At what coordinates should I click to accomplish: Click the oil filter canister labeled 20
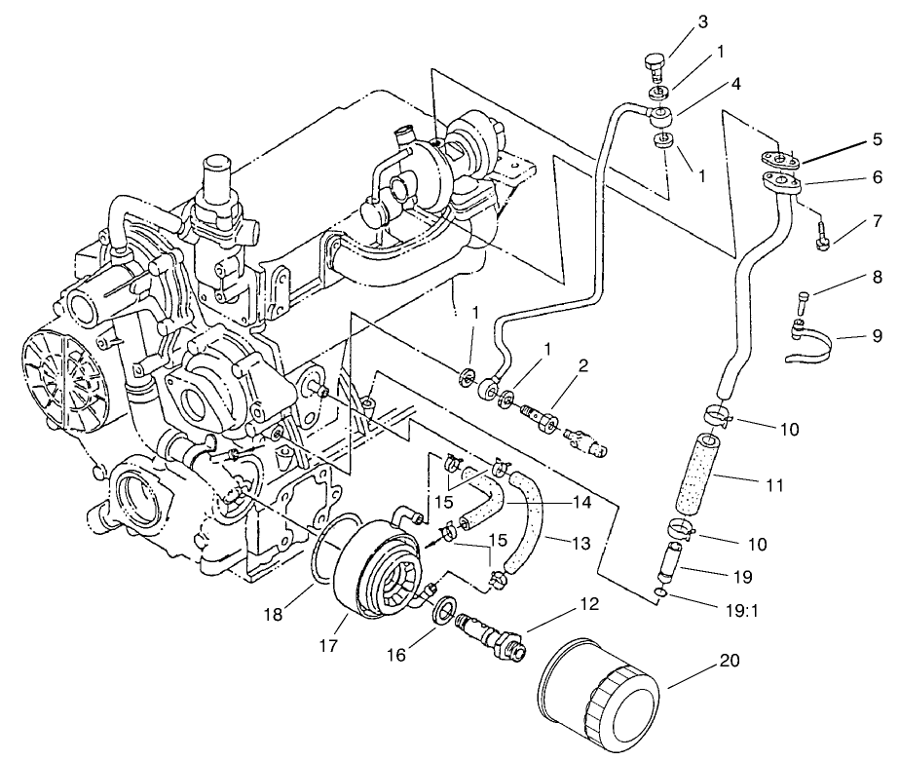597,693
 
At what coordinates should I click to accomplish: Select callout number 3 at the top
703,21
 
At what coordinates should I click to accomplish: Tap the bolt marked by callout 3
656,69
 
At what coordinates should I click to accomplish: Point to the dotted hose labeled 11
696,478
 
